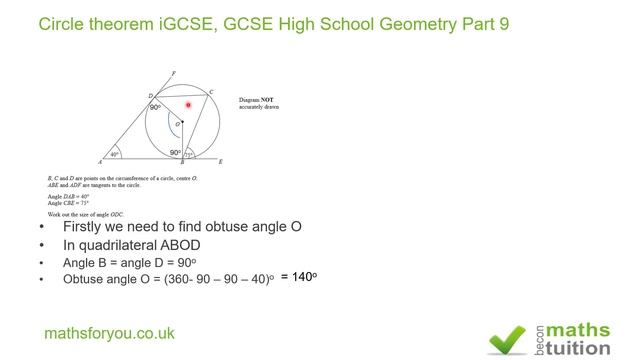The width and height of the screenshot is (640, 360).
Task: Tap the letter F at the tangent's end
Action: [175, 73]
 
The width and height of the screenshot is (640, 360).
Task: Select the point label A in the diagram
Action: [100, 161]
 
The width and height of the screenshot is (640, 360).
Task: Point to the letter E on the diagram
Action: [220, 161]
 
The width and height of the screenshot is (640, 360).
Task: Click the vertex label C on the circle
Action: [211, 92]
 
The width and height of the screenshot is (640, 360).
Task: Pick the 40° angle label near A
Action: [115, 155]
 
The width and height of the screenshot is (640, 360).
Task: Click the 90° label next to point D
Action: [155, 107]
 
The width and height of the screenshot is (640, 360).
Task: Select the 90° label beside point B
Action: [175, 153]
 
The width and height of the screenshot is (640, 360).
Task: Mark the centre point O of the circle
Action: [182, 122]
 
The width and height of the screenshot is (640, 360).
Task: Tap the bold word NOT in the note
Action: [270, 100]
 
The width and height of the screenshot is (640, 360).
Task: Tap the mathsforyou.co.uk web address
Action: [109, 333]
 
